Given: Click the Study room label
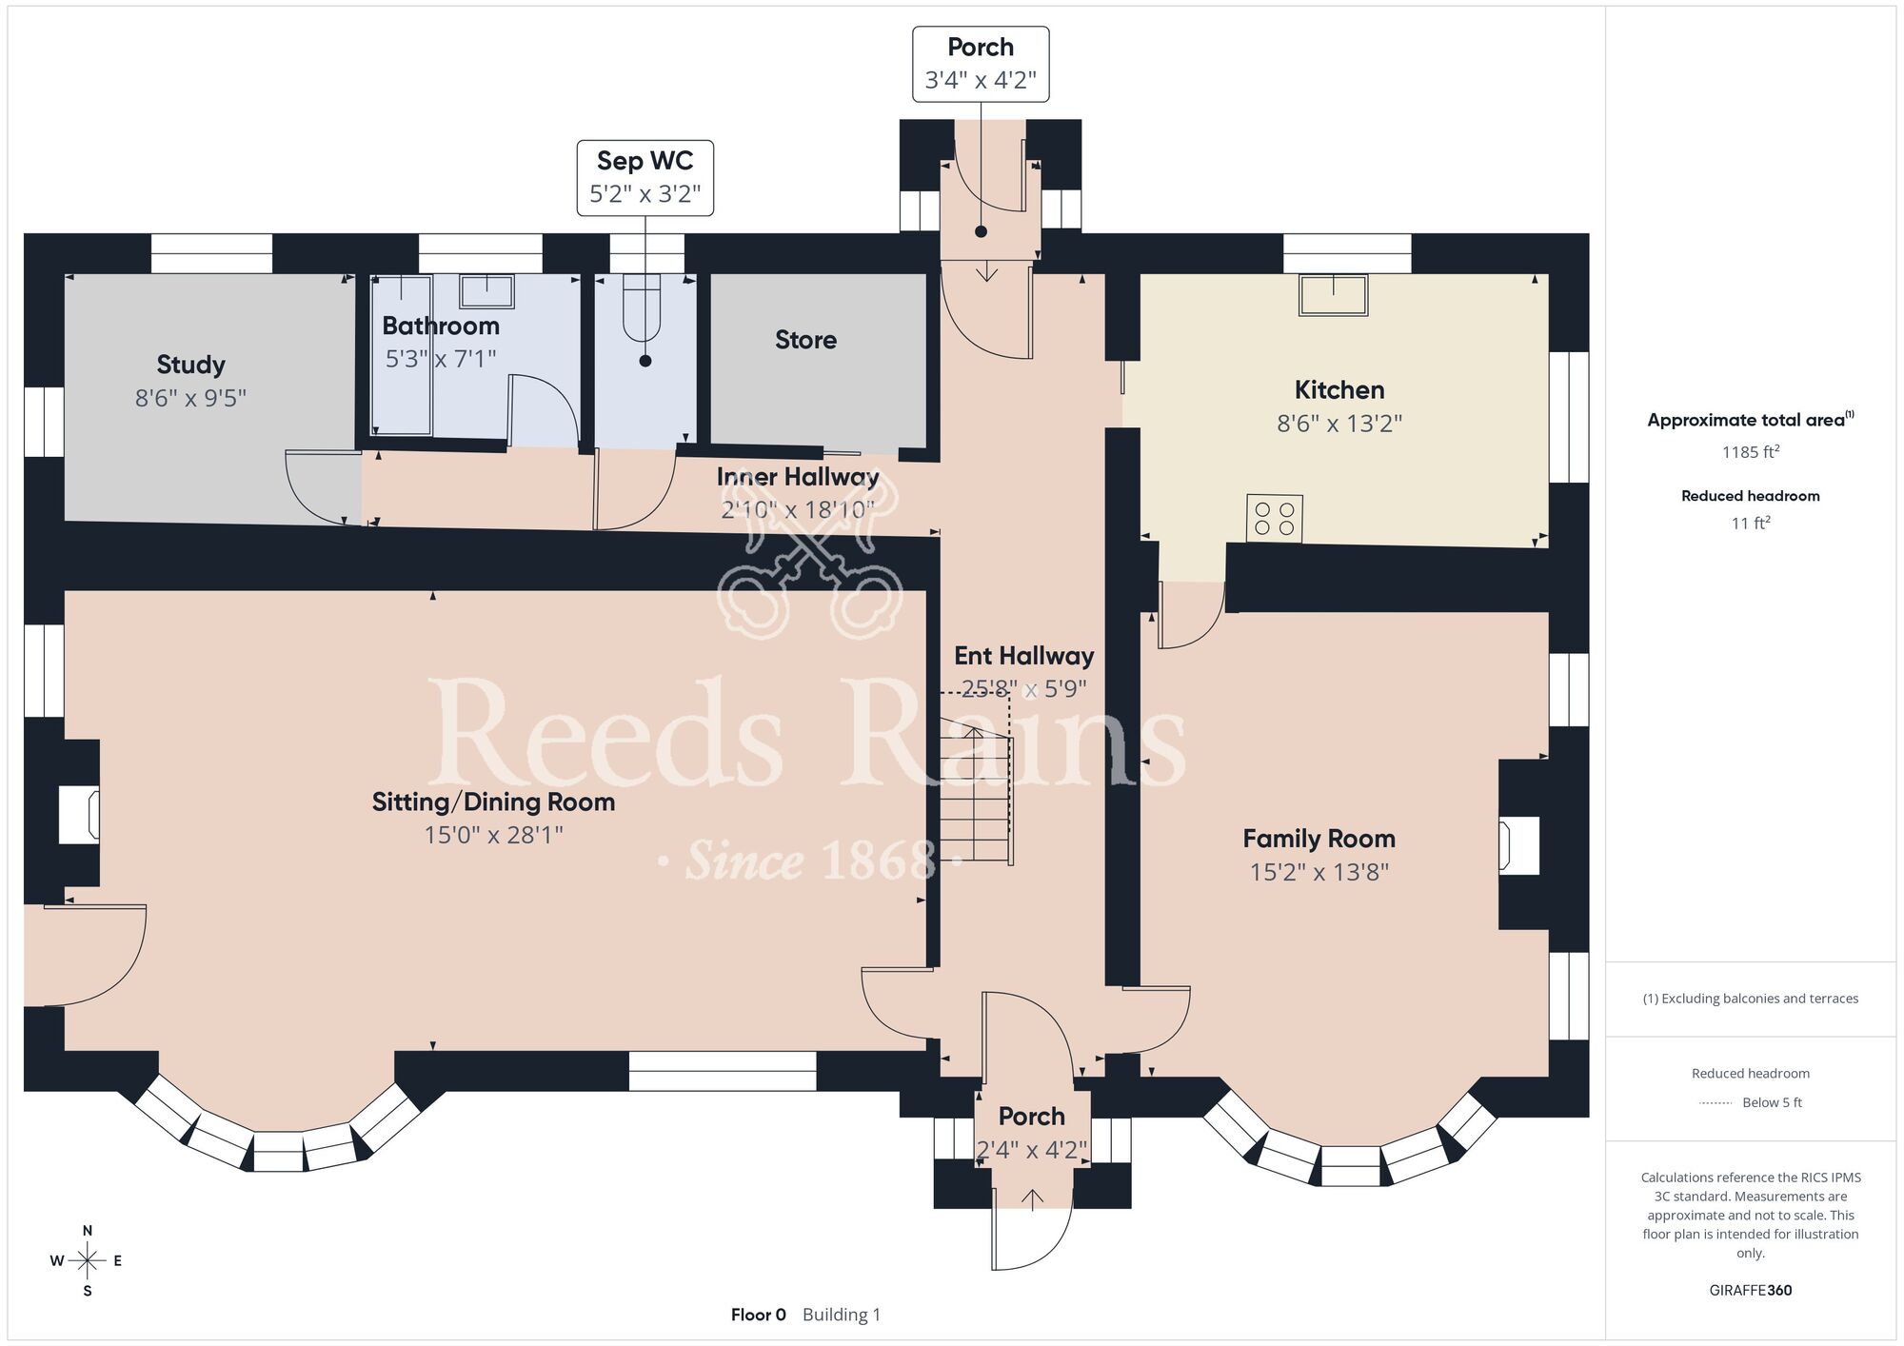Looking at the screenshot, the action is [190, 365].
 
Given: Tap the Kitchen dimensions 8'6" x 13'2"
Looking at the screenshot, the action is [1339, 423].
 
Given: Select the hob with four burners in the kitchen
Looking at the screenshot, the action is [1275, 519].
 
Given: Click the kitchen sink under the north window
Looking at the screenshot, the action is [1334, 295].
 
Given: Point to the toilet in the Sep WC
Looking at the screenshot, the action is [642, 307].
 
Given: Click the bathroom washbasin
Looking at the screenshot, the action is [486, 291].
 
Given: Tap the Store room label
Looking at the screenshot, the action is [805, 340].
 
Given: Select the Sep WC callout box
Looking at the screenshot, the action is [645, 178].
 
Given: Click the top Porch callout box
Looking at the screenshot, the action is [981, 64].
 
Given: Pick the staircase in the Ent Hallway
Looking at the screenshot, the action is [976, 793].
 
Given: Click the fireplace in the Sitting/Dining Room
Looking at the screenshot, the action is [79, 814].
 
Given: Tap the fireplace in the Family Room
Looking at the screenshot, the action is [1519, 845].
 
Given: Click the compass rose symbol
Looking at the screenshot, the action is [87, 1261].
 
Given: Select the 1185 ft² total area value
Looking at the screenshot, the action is [1751, 451].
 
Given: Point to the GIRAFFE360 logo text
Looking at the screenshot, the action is [1751, 1291].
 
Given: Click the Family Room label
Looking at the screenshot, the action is [1319, 839].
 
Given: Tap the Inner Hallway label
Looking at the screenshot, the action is [798, 477].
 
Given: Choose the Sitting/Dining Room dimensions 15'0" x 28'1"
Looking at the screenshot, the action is [493, 835].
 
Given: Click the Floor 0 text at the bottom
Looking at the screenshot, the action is [759, 1315].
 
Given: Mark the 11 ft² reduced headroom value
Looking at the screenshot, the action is [1751, 523].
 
